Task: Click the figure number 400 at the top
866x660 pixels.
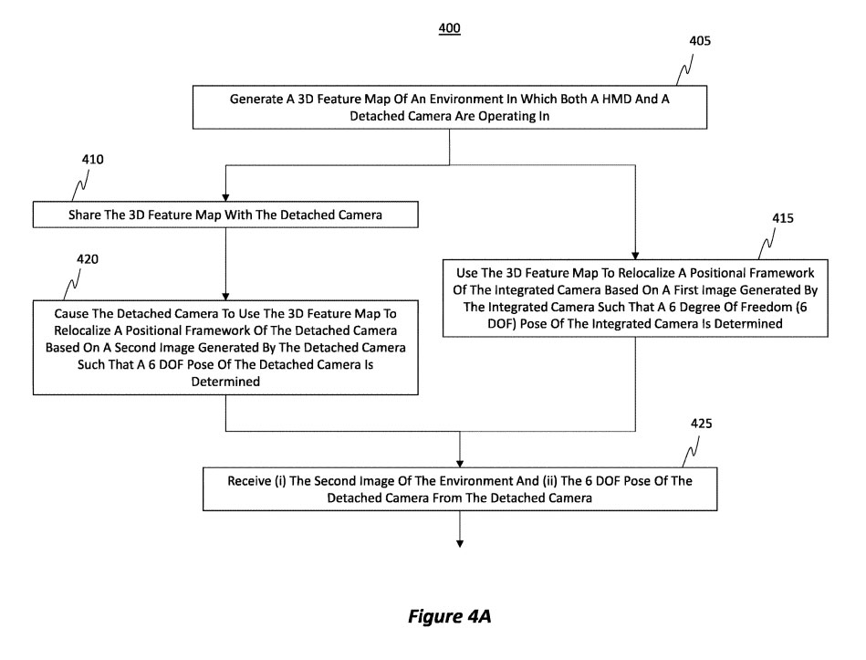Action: tap(450, 28)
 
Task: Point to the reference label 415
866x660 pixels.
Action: tap(782, 219)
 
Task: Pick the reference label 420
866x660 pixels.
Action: tap(88, 258)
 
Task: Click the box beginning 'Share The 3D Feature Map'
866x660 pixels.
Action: tap(225, 215)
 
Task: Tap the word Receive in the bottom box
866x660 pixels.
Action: tap(253, 481)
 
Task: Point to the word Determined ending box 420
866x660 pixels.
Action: tap(225, 384)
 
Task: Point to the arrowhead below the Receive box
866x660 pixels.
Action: tap(459, 544)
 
